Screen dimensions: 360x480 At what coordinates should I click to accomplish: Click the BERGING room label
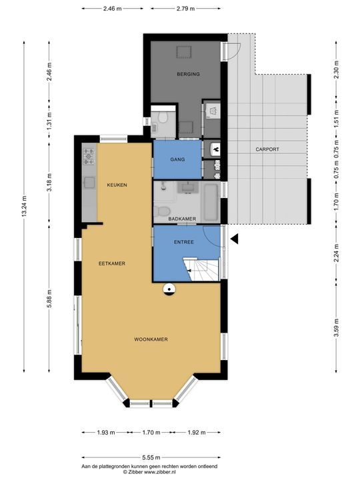coord(188,74)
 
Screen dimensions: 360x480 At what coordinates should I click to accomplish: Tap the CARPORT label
coord(267,149)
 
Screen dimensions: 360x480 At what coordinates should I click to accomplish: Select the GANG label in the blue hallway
coord(177,159)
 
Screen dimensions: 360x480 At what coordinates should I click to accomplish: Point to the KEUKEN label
coord(117,185)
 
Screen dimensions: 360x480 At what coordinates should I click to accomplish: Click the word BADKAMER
coord(182,219)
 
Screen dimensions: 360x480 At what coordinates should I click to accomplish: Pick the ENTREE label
coord(184,242)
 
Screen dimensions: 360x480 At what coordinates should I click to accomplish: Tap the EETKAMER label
coord(112,263)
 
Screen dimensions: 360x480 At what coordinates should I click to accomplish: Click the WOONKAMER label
coord(151,339)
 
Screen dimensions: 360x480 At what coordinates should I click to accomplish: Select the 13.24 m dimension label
coord(25,206)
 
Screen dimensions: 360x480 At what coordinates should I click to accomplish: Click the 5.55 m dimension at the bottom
coord(151,457)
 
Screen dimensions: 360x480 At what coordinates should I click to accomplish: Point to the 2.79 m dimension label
coord(185,9)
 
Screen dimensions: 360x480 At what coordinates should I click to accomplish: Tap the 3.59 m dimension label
coord(336,327)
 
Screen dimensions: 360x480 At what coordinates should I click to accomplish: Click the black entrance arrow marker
coord(235,239)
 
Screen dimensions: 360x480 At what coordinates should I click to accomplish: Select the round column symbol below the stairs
coord(169,289)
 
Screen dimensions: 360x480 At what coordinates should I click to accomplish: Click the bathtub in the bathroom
coord(211,202)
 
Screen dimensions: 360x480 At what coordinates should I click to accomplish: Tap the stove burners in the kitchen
coord(89,156)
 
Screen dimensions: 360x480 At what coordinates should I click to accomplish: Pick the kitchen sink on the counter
coord(89,183)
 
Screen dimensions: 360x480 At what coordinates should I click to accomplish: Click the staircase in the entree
coord(201,269)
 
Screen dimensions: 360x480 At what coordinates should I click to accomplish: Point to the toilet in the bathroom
coord(161,211)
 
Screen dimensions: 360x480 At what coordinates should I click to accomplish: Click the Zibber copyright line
coord(149,473)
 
